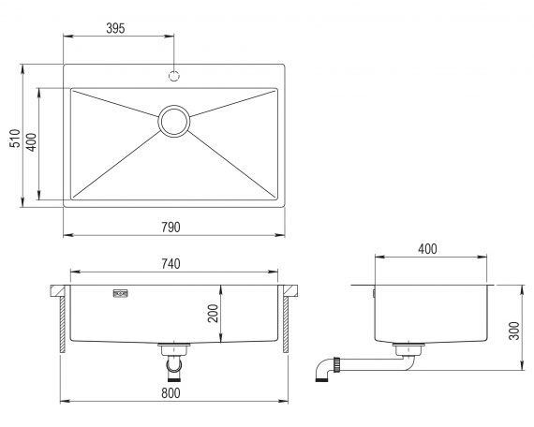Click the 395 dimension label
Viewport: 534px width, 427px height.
coord(115,28)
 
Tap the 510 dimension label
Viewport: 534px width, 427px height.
coord(15,138)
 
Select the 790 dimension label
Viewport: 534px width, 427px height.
coord(171,228)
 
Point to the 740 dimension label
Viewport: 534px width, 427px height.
coord(171,264)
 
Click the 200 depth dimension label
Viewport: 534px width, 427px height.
coord(213,314)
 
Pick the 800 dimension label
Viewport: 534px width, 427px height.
coord(171,393)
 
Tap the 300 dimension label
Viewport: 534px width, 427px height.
coord(514,331)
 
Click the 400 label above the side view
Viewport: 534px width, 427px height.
coord(427,249)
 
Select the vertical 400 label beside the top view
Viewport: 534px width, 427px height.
coord(31,142)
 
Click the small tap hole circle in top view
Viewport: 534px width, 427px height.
coord(174,76)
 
